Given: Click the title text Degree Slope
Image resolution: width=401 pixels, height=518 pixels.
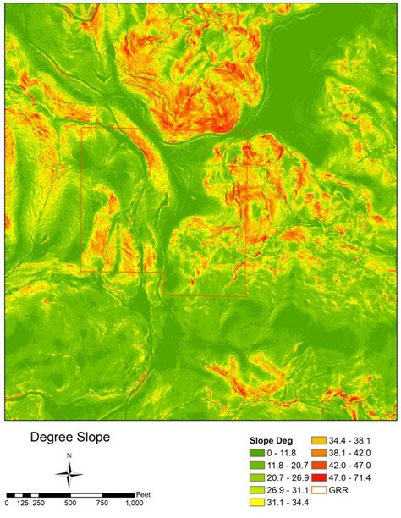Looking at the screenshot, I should coord(70,438).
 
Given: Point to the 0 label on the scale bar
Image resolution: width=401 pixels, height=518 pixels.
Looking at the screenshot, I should coord(7,504).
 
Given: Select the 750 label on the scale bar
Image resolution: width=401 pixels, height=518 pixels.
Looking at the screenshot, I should coord(102,504).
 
